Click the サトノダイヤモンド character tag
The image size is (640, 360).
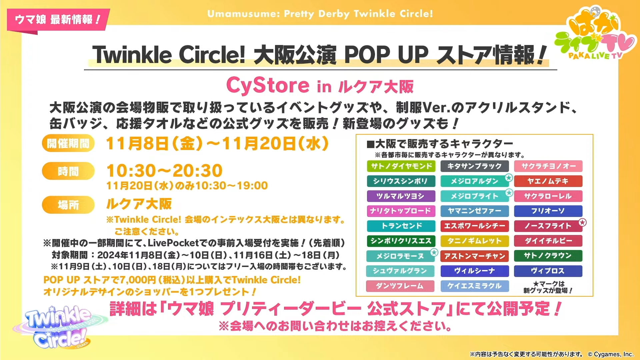click(401, 166)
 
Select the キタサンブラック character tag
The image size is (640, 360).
click(475, 166)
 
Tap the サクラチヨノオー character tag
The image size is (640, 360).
click(548, 166)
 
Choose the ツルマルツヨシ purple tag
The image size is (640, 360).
click(401, 196)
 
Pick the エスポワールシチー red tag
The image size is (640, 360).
click(475, 226)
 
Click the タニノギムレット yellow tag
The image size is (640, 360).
click(475, 241)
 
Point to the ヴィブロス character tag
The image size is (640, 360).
click(548, 271)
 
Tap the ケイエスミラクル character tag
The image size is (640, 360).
click(475, 286)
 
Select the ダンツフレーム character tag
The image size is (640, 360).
click(400, 286)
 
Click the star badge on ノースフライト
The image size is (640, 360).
click(582, 222)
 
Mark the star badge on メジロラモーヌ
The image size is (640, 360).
click(434, 252)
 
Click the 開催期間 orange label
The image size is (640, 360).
click(68, 144)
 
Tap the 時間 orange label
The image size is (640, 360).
click(68, 171)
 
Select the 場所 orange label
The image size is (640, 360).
click(68, 205)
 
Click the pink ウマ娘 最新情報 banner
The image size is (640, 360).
click(57, 20)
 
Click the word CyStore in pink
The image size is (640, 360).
click(268, 86)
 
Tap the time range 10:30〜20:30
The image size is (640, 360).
click(165, 171)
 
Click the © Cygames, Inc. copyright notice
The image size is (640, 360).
click(610, 354)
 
